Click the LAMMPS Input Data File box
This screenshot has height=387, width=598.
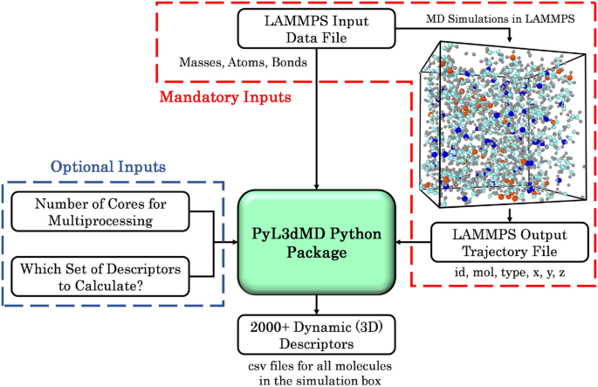(x=315, y=28)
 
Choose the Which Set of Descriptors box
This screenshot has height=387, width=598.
(x=107, y=277)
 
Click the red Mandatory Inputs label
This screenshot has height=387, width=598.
(x=226, y=99)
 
